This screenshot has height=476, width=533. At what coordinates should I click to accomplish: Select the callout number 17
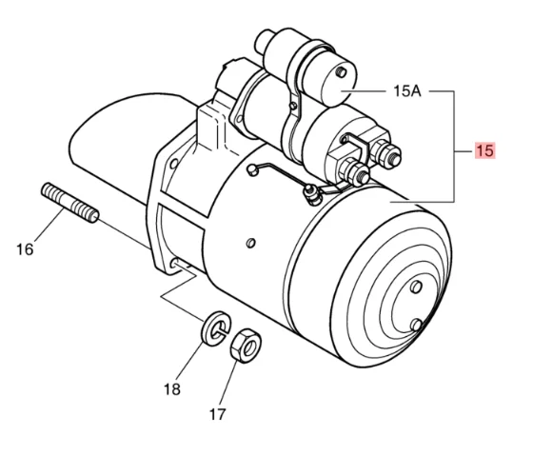click(217, 414)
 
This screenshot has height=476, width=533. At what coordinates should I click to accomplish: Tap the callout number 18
click(171, 389)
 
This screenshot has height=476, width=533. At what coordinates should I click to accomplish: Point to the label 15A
click(407, 91)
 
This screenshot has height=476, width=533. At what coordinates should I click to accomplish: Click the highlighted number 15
click(484, 150)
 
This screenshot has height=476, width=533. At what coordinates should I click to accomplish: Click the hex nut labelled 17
click(247, 345)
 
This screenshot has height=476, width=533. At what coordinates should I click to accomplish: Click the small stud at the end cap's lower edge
click(417, 327)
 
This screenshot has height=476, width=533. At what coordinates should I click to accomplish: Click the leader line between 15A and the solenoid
click(367, 91)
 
